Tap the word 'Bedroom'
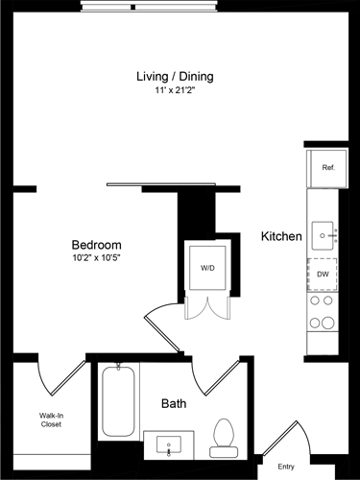(96, 245)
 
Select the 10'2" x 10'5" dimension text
(96, 258)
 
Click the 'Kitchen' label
(282, 236)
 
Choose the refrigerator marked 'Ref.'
(327, 168)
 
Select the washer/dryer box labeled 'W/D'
(208, 268)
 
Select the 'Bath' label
(174, 404)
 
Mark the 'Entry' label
(286, 467)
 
